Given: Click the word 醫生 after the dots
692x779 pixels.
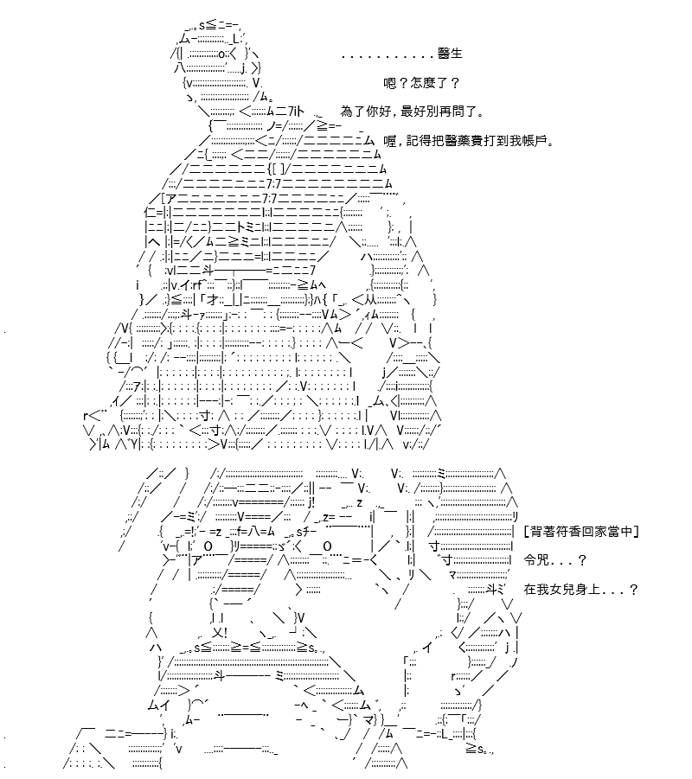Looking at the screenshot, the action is click(450, 53).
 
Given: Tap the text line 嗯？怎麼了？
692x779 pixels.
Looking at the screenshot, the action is click(421, 82).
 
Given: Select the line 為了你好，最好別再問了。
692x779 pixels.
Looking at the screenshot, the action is click(412, 112).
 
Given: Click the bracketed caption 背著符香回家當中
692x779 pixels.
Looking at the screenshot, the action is click(581, 531).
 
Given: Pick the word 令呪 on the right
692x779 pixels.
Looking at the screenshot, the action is click(536, 560).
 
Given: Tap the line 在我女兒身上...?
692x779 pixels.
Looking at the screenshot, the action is click(580, 589).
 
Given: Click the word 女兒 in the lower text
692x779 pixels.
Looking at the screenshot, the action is click(561, 589).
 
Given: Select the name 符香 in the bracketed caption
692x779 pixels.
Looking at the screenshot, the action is click(568, 531).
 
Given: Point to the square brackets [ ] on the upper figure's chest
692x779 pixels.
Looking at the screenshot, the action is click(277, 169).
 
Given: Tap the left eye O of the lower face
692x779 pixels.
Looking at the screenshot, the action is click(208, 546).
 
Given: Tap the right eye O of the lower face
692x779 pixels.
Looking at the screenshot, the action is click(327, 546).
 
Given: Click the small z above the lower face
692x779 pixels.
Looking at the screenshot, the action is click(360, 504).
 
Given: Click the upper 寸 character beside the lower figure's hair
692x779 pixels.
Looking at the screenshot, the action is click(434, 546).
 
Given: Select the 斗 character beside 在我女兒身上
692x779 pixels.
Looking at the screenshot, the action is click(491, 589).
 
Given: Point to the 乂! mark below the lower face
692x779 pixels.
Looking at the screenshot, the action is click(219, 633).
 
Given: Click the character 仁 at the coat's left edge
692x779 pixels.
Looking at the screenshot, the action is click(151, 214).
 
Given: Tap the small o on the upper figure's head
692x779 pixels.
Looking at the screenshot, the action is click(221, 54).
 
